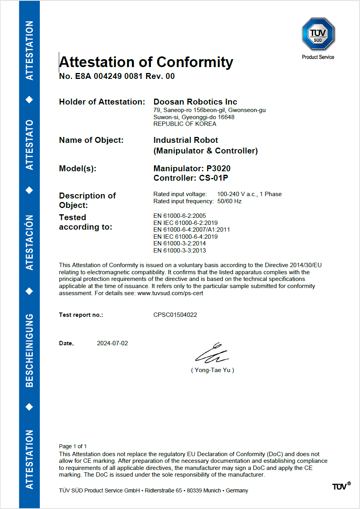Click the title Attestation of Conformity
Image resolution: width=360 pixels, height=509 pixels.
click(x=146, y=62)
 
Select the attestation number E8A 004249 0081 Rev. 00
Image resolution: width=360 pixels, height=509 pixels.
click(x=117, y=77)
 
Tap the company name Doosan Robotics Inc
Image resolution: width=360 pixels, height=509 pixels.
click(x=195, y=102)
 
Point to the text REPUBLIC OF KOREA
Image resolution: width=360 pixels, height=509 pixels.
click(x=185, y=124)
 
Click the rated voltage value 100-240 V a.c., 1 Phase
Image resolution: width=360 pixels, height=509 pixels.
click(x=249, y=194)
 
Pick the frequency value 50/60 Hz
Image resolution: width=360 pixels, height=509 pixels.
click(x=229, y=201)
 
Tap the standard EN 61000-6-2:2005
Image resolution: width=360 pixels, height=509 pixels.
click(x=180, y=215)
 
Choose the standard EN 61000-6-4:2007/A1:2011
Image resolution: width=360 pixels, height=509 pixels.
click(x=191, y=230)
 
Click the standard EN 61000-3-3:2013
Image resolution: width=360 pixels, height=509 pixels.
click(x=180, y=251)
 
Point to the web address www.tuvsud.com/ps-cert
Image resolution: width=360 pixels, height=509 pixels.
click(x=170, y=294)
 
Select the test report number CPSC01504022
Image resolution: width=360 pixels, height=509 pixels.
click(x=175, y=315)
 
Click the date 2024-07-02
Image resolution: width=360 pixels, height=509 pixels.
click(x=112, y=343)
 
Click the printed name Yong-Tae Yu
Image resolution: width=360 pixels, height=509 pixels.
click(x=212, y=370)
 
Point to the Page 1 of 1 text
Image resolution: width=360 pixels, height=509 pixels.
click(x=73, y=446)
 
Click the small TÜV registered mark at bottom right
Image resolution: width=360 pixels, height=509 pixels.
click(x=341, y=486)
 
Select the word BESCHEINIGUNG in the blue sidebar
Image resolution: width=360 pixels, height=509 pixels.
click(x=29, y=350)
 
